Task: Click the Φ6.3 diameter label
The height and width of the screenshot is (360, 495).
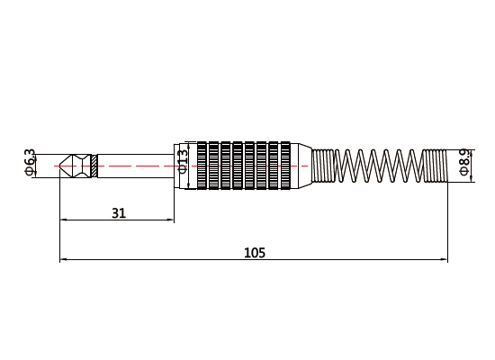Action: (x=30, y=162)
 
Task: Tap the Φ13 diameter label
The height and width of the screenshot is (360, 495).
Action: (x=184, y=160)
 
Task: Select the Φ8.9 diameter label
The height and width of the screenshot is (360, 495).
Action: (x=463, y=162)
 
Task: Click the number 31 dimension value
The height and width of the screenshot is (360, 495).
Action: (x=118, y=213)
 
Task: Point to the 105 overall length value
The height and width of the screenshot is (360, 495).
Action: (x=255, y=253)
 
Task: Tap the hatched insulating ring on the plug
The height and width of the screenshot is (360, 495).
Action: (x=94, y=166)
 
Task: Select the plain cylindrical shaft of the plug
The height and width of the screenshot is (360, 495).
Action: (x=135, y=166)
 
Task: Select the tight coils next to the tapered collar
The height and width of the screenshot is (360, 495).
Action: (x=324, y=166)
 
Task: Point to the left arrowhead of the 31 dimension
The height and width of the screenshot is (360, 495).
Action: (x=63, y=220)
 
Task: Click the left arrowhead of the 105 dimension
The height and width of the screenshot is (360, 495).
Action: (x=63, y=260)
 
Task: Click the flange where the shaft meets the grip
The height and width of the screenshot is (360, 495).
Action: (x=178, y=166)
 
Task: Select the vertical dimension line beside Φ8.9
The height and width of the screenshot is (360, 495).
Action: (x=472, y=166)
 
